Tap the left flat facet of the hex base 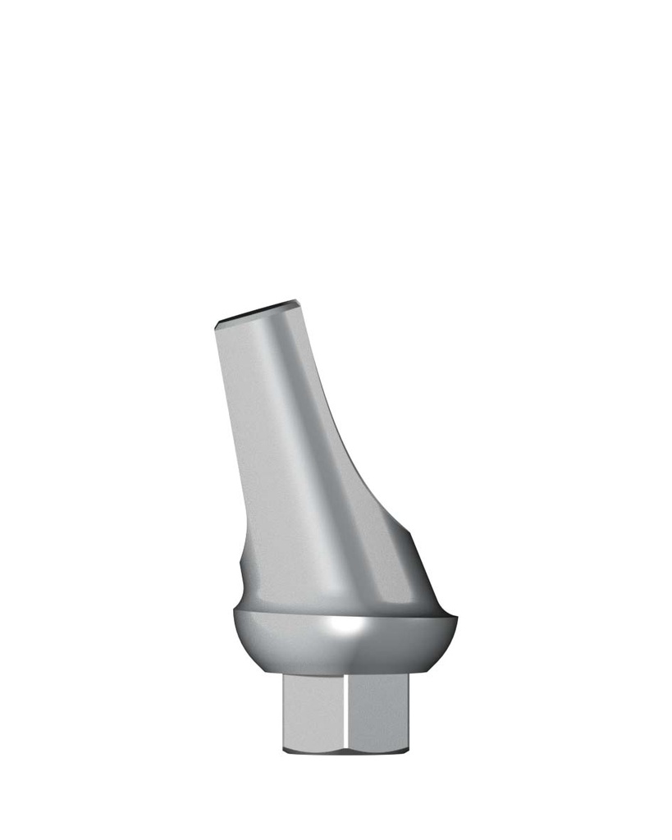pyautogui.click(x=313, y=710)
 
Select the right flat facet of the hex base pyautogui.click(x=376, y=710)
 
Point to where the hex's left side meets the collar pyautogui.click(x=283, y=674)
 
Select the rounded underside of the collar pyautogui.click(x=345, y=656)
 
